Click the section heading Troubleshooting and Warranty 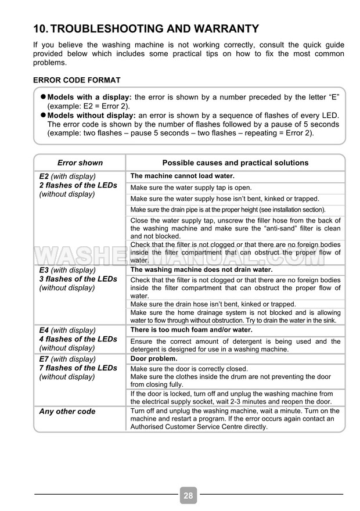click(x=146, y=28)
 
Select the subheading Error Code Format click(x=77, y=80)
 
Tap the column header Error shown click(x=80, y=163)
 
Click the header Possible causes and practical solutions click(x=235, y=163)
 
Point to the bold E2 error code click(x=44, y=176)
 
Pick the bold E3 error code click(x=44, y=270)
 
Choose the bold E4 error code click(x=44, y=330)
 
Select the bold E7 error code click(x=44, y=359)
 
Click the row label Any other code click(x=67, y=412)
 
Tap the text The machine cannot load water click(x=182, y=176)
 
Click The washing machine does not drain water click(x=201, y=269)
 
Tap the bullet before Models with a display click(x=42, y=98)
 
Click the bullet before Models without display click(x=42, y=116)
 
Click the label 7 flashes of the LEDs click(x=78, y=368)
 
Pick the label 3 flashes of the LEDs click(x=78, y=279)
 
